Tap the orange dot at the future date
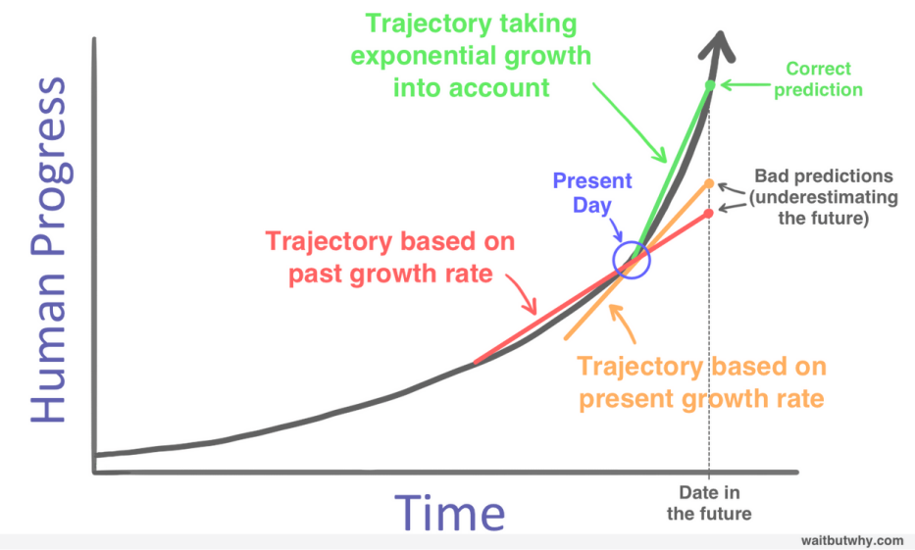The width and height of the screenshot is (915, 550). point(708,183)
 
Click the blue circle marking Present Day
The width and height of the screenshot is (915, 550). point(631,260)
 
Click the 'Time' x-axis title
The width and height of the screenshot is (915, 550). point(450,512)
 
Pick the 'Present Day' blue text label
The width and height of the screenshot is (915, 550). point(592,193)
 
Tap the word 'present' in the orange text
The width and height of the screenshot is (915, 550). point(621,399)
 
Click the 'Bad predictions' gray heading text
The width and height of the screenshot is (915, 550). point(824,176)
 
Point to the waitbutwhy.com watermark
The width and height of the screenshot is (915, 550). point(850,540)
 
